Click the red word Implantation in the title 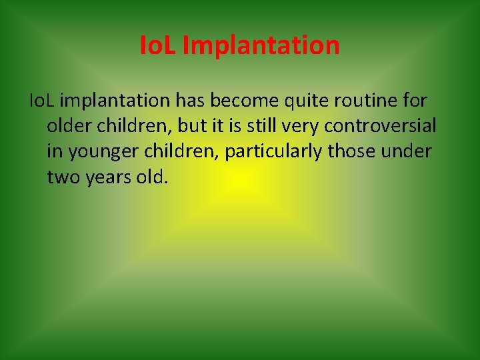tap(261, 46)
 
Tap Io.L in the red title tap(159, 46)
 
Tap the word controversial tap(380, 126)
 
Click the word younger tap(97, 151)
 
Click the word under tap(406, 151)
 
